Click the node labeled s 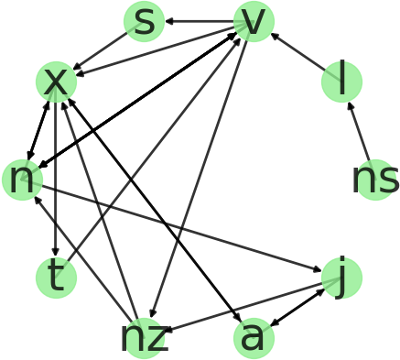[144, 21]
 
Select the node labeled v [254, 21]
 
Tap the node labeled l [341, 82]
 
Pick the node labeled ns [374, 180]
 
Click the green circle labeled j [341, 278]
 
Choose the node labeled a [254, 338]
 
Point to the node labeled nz [144, 338]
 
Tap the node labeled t [56, 278]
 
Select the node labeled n [23, 180]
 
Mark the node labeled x [56, 82]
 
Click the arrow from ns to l [358, 131]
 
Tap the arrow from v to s [199, 21]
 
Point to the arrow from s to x [100, 51]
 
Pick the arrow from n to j [182, 229]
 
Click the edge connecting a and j [297, 308]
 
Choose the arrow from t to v [155, 149]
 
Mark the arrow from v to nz [199, 180]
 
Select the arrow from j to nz [243, 308]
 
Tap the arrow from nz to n [83, 259]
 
